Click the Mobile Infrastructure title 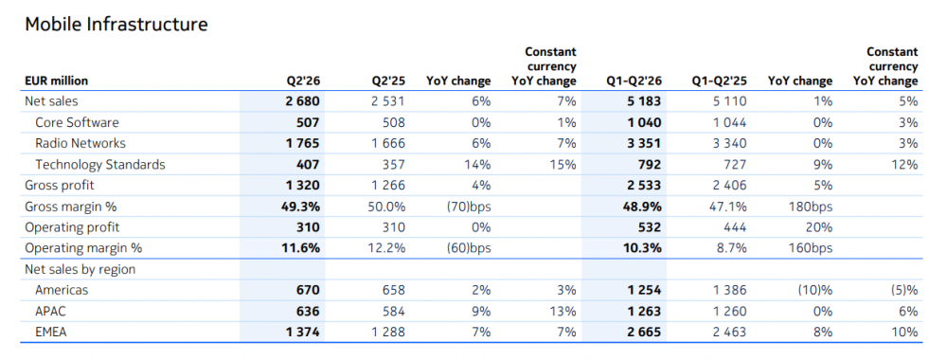coord(116,25)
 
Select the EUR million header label coord(56,81)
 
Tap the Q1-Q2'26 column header coord(634,81)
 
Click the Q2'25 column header coord(387,81)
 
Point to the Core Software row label coord(78,122)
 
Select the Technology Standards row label coord(100,164)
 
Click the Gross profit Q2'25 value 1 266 coord(387,186)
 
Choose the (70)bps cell coord(465,207)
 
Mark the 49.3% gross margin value coord(301,207)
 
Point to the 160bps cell coord(811,248)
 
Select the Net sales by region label coord(80,269)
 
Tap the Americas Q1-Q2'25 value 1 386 coord(729,290)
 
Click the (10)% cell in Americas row coord(812,291)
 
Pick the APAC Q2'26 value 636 coord(306,311)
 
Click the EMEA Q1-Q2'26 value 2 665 coord(644,332)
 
